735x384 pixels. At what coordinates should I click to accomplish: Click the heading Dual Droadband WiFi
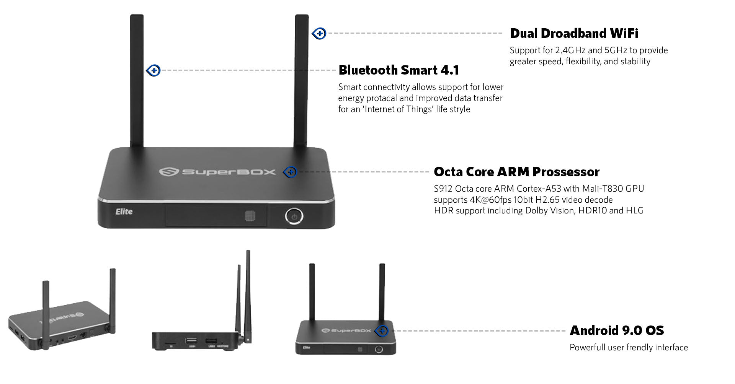click(574, 34)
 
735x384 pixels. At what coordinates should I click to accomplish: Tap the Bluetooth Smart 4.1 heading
click(399, 70)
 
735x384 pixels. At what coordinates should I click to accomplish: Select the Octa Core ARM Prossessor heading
click(516, 172)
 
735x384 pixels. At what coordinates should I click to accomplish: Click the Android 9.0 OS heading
click(616, 330)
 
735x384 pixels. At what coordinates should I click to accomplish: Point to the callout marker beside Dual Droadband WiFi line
click(319, 34)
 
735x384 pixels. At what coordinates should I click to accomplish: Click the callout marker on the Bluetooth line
click(154, 70)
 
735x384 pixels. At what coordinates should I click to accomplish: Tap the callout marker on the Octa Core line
click(291, 172)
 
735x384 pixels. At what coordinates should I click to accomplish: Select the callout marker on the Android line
click(382, 331)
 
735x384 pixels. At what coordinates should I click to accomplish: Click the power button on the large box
click(294, 216)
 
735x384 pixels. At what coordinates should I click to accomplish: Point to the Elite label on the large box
click(124, 212)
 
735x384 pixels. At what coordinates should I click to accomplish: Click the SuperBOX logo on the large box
click(217, 172)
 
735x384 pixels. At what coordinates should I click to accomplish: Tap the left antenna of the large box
click(137, 80)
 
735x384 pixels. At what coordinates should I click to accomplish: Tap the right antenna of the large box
click(301, 80)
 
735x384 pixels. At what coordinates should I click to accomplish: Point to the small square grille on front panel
click(250, 216)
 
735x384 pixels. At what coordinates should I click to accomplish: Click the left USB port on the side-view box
click(191, 340)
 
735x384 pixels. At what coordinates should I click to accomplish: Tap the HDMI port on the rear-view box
click(72, 338)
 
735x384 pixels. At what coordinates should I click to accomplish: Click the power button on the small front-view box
click(379, 349)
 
